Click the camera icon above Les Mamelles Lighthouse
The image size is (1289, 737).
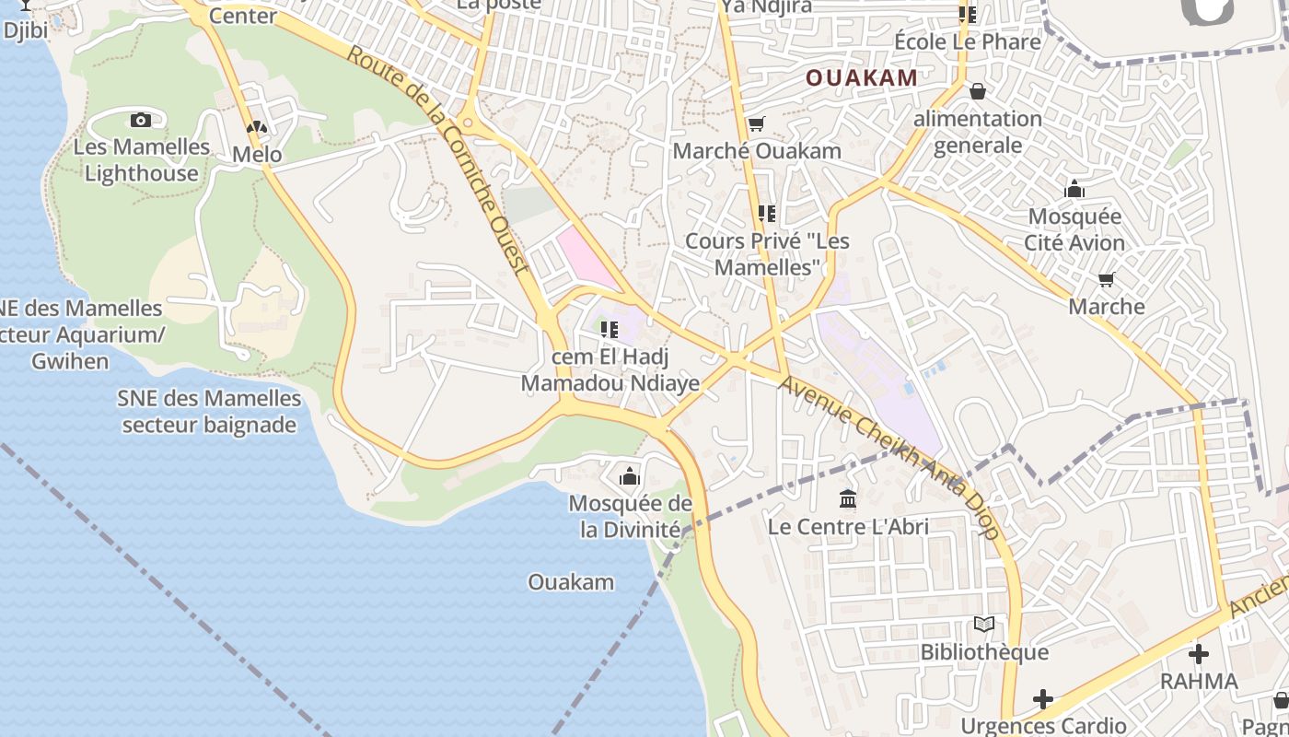141,120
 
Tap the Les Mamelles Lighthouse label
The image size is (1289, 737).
142,160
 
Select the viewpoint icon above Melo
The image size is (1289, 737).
257,128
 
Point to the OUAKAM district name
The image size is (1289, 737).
862,78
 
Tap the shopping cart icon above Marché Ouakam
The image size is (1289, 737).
756,123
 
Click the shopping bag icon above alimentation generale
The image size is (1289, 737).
977,91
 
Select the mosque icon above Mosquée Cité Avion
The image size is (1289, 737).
1074,190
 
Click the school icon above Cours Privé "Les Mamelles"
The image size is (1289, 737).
766,214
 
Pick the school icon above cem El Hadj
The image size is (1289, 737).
609,329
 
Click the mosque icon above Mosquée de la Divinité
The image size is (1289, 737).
630,476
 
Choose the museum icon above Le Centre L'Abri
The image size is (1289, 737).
848,499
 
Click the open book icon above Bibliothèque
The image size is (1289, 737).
984,625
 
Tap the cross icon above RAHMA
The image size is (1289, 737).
1198,654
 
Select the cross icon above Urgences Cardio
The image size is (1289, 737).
1042,699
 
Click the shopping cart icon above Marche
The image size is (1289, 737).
1106,279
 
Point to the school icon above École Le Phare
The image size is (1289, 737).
967,14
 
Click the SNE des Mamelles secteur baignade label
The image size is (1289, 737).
209,412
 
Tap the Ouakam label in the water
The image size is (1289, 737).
571,582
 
